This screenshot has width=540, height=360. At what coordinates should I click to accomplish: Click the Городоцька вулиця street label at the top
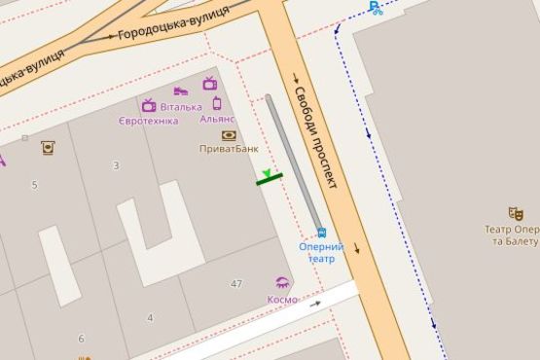pos(173,22)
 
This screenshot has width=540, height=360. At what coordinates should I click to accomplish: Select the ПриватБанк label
pos(229,149)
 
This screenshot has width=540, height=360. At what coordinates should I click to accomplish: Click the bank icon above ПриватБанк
pos(229,135)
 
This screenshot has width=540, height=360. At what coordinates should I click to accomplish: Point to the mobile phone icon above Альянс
pos(217,103)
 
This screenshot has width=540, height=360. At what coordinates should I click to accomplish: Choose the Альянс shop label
pos(217,119)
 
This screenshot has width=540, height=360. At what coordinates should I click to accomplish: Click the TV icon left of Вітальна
pos(149,105)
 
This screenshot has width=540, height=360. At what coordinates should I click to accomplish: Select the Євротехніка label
pos(148,121)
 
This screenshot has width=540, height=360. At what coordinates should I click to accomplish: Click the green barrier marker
pos(269,177)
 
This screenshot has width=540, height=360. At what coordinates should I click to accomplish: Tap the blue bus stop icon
pos(320,233)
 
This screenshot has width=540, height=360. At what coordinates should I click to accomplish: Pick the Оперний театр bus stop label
pos(321,253)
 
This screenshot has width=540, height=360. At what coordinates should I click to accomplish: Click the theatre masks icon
pos(516,213)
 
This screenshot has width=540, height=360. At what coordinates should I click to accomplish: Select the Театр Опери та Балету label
pos(512,234)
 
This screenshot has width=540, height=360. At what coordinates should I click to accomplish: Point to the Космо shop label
pos(282,300)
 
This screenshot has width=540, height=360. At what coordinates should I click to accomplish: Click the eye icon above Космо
pos(282,283)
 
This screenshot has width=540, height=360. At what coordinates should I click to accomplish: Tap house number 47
pos(236,283)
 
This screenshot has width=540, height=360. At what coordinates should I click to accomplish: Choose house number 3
pos(116,165)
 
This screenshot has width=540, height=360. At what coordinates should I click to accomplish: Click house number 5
pos(34,185)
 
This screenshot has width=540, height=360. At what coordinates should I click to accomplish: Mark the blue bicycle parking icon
pos(376,9)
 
